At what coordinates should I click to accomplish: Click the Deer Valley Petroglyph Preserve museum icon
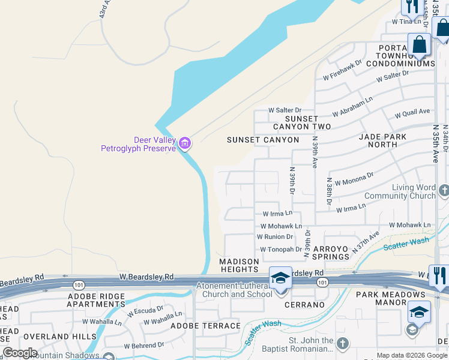[185, 143]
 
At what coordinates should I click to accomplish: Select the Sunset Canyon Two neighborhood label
[302, 122]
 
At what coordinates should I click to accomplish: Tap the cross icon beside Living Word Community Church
[444, 191]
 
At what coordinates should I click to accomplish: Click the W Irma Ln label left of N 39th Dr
[277, 214]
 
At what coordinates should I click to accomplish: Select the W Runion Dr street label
[276, 237]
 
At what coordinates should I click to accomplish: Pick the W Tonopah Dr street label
[280, 250]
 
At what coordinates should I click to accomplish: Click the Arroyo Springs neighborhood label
[330, 253]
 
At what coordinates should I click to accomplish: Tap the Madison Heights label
[239, 266]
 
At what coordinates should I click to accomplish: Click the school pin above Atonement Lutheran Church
[280, 278]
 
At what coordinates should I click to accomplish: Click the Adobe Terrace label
[205, 326]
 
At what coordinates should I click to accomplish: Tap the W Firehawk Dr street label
[342, 70]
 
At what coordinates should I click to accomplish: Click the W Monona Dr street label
[354, 178]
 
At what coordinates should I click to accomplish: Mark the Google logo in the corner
[20, 353]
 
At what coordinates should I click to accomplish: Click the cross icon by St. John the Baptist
[342, 344]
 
